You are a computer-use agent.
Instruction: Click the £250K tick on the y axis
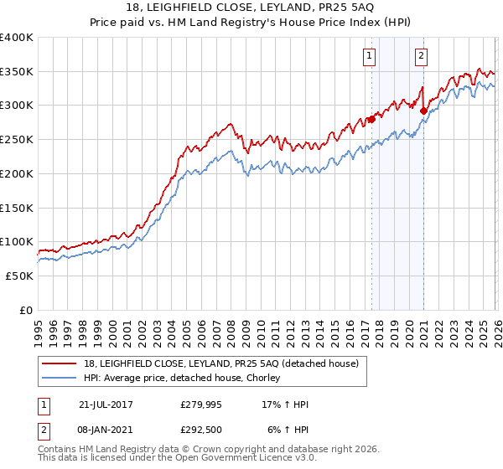click(17, 139)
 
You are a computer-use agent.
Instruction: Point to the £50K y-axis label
click(19, 276)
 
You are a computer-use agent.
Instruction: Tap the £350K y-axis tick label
click(17, 71)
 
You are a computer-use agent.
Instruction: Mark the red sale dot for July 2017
click(371, 119)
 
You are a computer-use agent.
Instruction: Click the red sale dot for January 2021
click(423, 111)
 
